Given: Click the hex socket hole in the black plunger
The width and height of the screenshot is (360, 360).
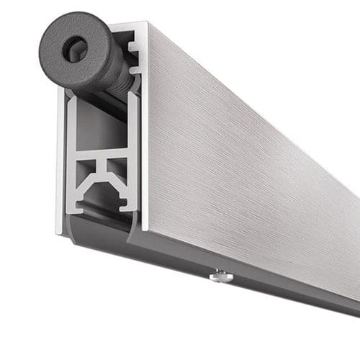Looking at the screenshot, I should tap(75, 49).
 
